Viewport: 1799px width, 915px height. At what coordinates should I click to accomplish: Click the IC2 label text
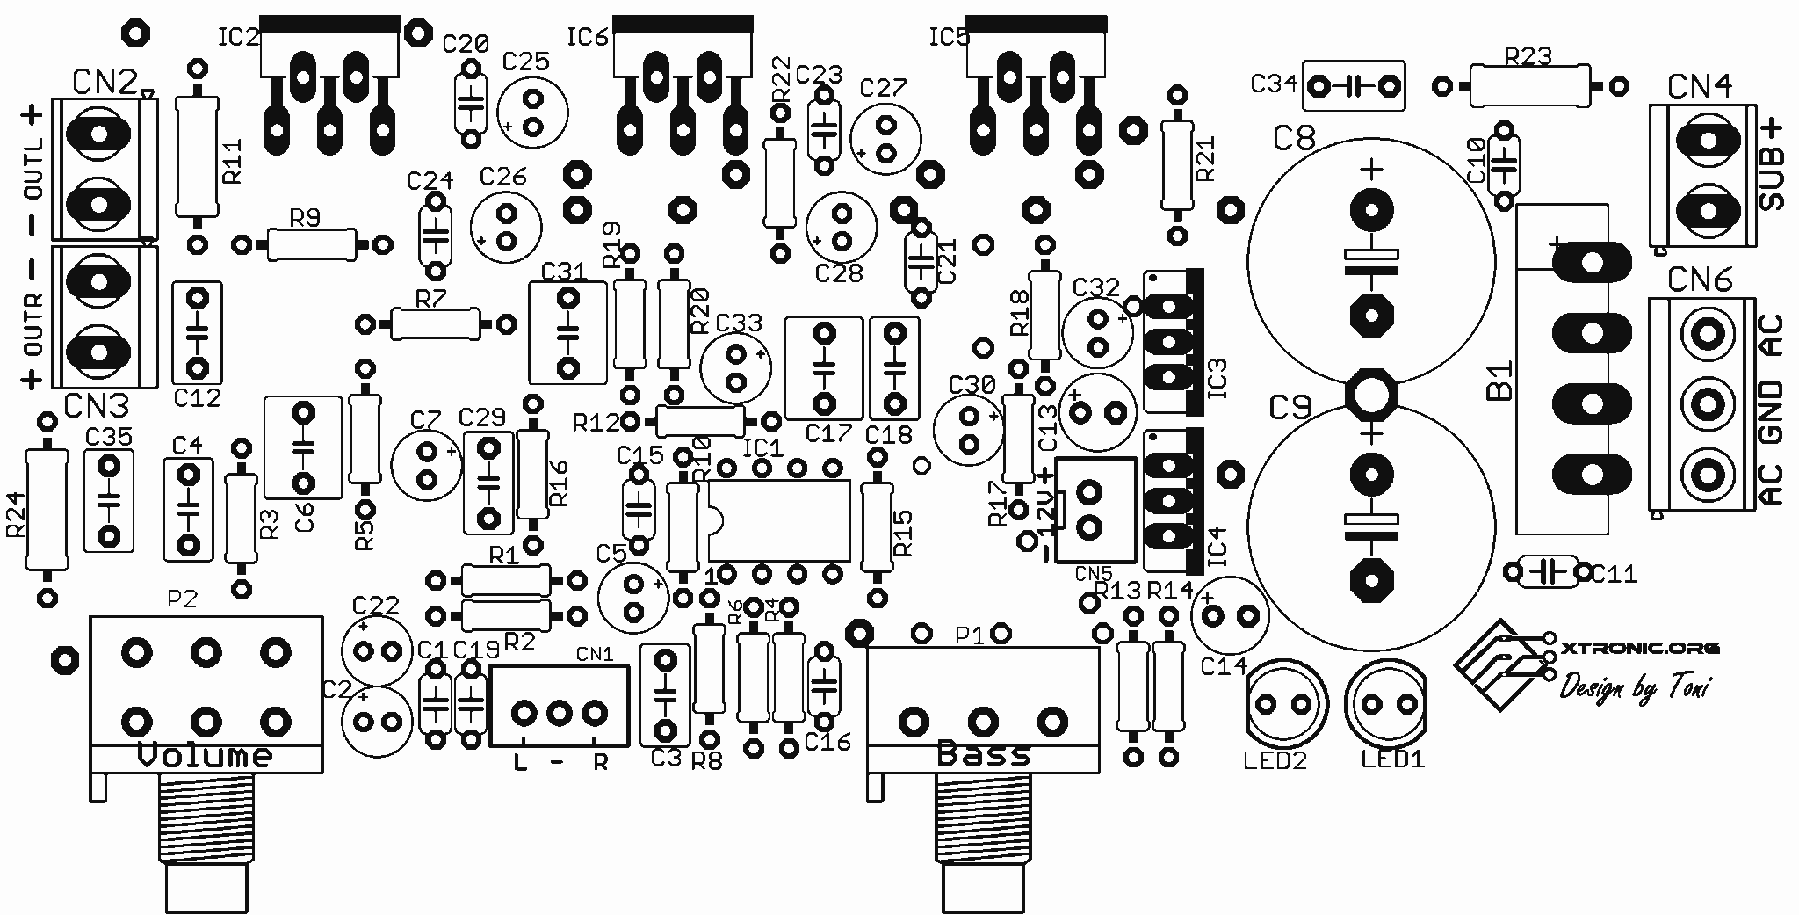tap(237, 37)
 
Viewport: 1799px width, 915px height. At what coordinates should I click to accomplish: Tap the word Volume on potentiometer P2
tap(206, 756)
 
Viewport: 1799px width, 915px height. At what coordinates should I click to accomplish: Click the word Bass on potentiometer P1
tap(983, 754)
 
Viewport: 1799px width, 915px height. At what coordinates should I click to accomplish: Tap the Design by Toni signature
tap(1634, 688)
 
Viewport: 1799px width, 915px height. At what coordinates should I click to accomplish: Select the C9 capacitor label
tap(1290, 408)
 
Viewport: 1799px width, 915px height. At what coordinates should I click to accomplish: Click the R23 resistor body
tap(1528, 86)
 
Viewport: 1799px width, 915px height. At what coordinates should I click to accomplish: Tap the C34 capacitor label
tap(1274, 84)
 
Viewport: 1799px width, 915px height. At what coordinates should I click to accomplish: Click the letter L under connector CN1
tap(520, 763)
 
